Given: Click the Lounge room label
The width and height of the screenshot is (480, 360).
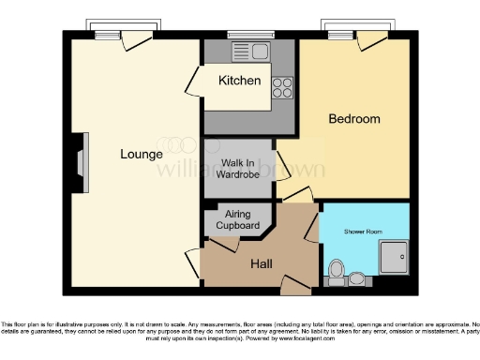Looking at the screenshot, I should tap(141, 154).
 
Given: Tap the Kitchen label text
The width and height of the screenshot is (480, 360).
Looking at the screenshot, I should tap(239, 81).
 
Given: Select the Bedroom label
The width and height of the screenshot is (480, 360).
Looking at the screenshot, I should tap(353, 119).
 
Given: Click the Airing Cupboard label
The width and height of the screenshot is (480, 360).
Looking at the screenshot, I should tap(237, 221).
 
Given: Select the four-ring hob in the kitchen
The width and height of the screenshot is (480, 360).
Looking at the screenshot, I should tap(281, 86).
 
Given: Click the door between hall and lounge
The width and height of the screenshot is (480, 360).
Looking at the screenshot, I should tap(195, 258).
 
